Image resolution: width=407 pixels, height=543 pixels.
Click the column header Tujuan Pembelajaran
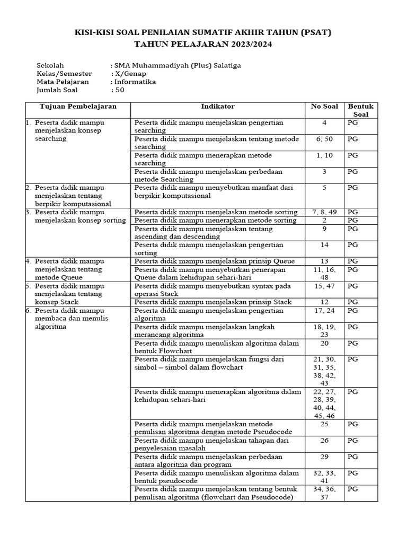pos(78,107)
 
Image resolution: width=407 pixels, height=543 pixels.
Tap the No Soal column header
pos(324,107)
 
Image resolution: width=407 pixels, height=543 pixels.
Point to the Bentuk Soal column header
pos(360,110)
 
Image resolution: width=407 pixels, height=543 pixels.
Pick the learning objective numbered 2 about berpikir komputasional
pos(73,196)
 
